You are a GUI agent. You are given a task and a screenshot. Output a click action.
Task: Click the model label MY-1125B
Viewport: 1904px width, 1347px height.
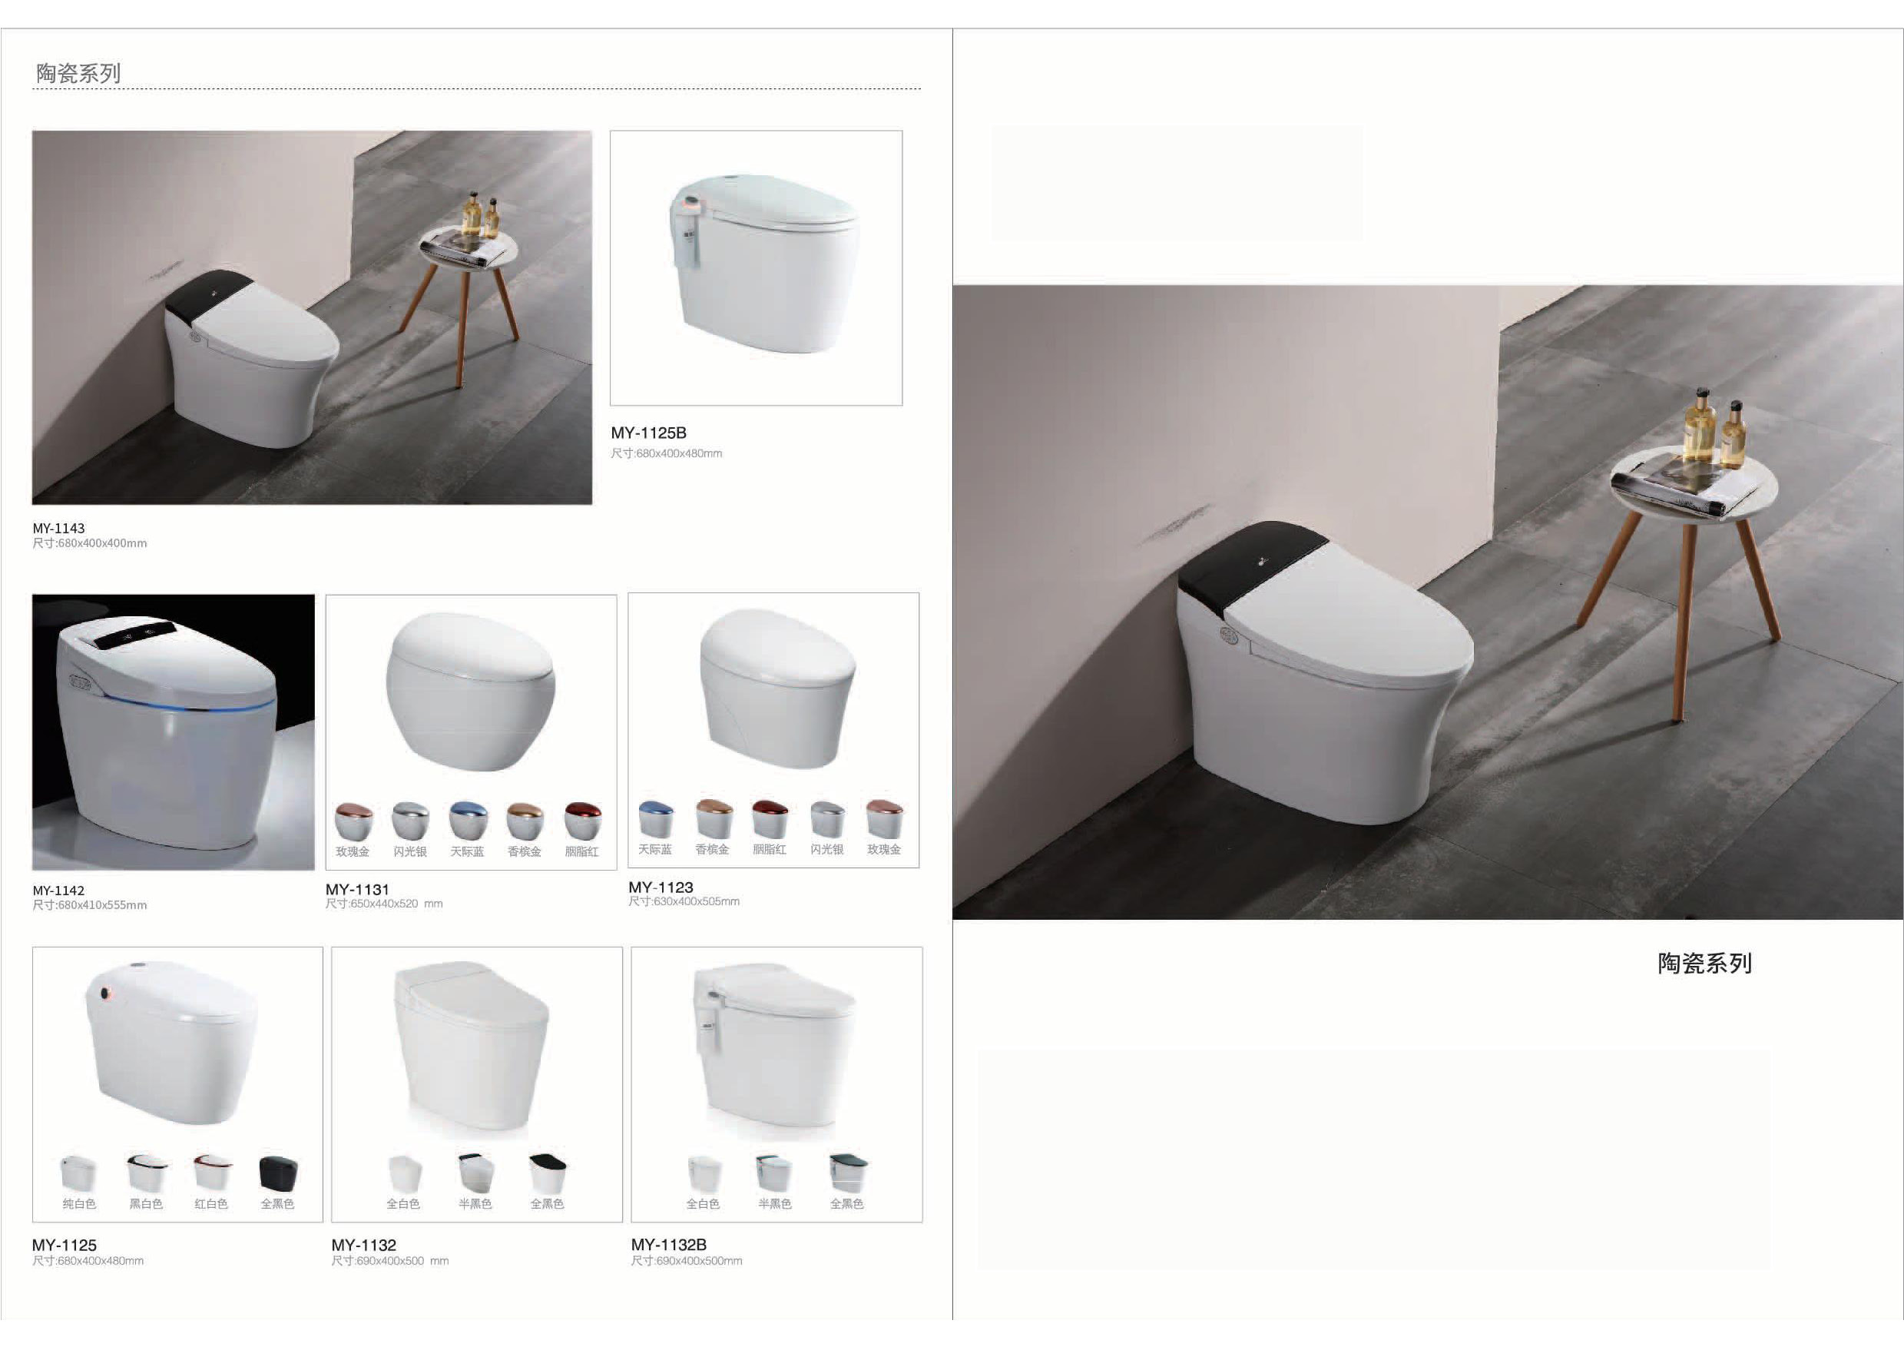[648, 433]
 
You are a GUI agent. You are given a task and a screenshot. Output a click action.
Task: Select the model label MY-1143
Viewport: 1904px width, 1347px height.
[58, 529]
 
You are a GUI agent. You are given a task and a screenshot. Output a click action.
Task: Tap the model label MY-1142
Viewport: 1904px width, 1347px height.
[58, 891]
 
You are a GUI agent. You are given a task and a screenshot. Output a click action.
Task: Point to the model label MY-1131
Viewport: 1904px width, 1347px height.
[357, 889]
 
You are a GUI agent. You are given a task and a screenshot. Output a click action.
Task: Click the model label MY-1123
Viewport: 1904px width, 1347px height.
[661, 887]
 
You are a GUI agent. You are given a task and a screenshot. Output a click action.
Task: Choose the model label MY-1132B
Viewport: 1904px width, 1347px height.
[669, 1244]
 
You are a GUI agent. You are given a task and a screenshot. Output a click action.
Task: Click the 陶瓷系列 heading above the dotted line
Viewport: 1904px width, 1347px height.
[78, 74]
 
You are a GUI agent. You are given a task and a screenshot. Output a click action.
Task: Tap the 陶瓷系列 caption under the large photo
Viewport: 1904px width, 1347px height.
[1705, 964]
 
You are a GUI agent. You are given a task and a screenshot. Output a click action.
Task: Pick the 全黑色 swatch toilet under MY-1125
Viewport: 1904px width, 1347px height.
[278, 1173]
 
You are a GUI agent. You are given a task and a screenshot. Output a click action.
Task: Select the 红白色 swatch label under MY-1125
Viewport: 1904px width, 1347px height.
[211, 1203]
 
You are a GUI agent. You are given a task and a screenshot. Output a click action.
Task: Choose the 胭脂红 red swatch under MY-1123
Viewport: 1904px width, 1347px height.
[770, 818]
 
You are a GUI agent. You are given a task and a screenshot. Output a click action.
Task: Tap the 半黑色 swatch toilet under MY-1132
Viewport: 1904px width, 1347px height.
[476, 1173]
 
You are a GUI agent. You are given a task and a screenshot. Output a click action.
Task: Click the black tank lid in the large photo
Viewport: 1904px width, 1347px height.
[1251, 565]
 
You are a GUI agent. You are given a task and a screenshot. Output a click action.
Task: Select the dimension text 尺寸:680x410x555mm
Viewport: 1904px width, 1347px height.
[90, 905]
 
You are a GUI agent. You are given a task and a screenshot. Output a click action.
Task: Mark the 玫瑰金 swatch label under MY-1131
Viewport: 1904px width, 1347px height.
[353, 852]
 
